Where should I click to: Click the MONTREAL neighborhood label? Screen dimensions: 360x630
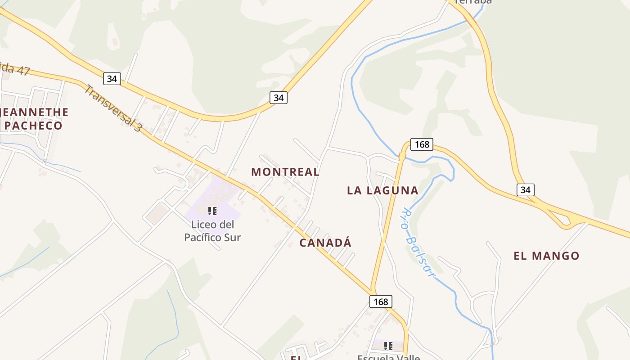point(285,172)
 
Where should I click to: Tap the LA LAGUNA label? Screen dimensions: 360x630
point(382,190)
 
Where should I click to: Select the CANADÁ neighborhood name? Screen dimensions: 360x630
point(325,243)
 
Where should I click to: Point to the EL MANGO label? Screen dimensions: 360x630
point(546,256)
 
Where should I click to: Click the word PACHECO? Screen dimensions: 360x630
point(34,126)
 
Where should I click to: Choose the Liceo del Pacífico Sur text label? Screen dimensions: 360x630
point(212,231)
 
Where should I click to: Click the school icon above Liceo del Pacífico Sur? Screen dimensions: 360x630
point(212,211)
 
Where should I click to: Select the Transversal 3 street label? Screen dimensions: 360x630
point(112,108)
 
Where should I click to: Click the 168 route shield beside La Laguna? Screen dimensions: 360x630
point(422,144)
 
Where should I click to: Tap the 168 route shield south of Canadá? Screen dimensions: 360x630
point(381,301)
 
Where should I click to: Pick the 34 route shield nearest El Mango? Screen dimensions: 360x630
point(525,190)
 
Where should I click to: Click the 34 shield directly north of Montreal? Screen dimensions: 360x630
point(279,97)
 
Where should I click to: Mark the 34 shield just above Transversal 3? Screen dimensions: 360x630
point(112,79)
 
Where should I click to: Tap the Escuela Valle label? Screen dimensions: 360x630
point(388,357)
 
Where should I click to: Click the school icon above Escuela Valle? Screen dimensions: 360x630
point(388,346)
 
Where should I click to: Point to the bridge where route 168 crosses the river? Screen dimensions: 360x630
point(402,156)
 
